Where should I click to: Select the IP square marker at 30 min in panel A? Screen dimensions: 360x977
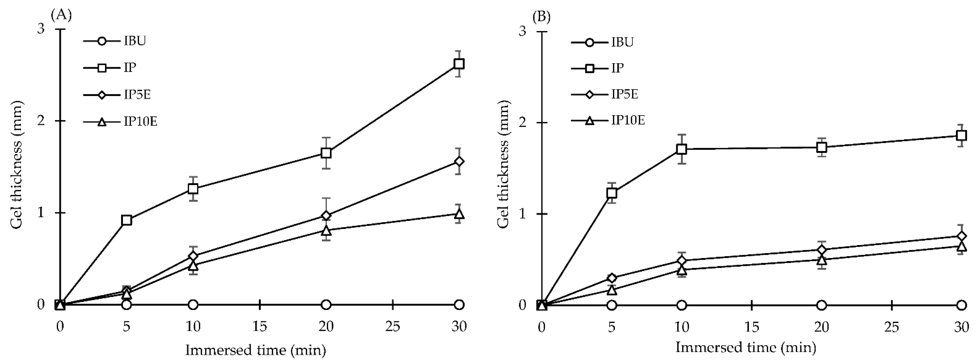(x=459, y=64)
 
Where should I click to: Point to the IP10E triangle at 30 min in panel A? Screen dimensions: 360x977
(x=459, y=214)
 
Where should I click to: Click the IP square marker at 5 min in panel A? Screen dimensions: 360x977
(x=127, y=220)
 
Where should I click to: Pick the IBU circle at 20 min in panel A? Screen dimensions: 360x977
(x=326, y=305)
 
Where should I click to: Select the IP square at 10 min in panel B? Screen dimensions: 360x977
(x=682, y=149)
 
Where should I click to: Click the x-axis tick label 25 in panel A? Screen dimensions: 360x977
(x=393, y=326)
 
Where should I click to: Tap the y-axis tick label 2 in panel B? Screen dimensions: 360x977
(x=523, y=123)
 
